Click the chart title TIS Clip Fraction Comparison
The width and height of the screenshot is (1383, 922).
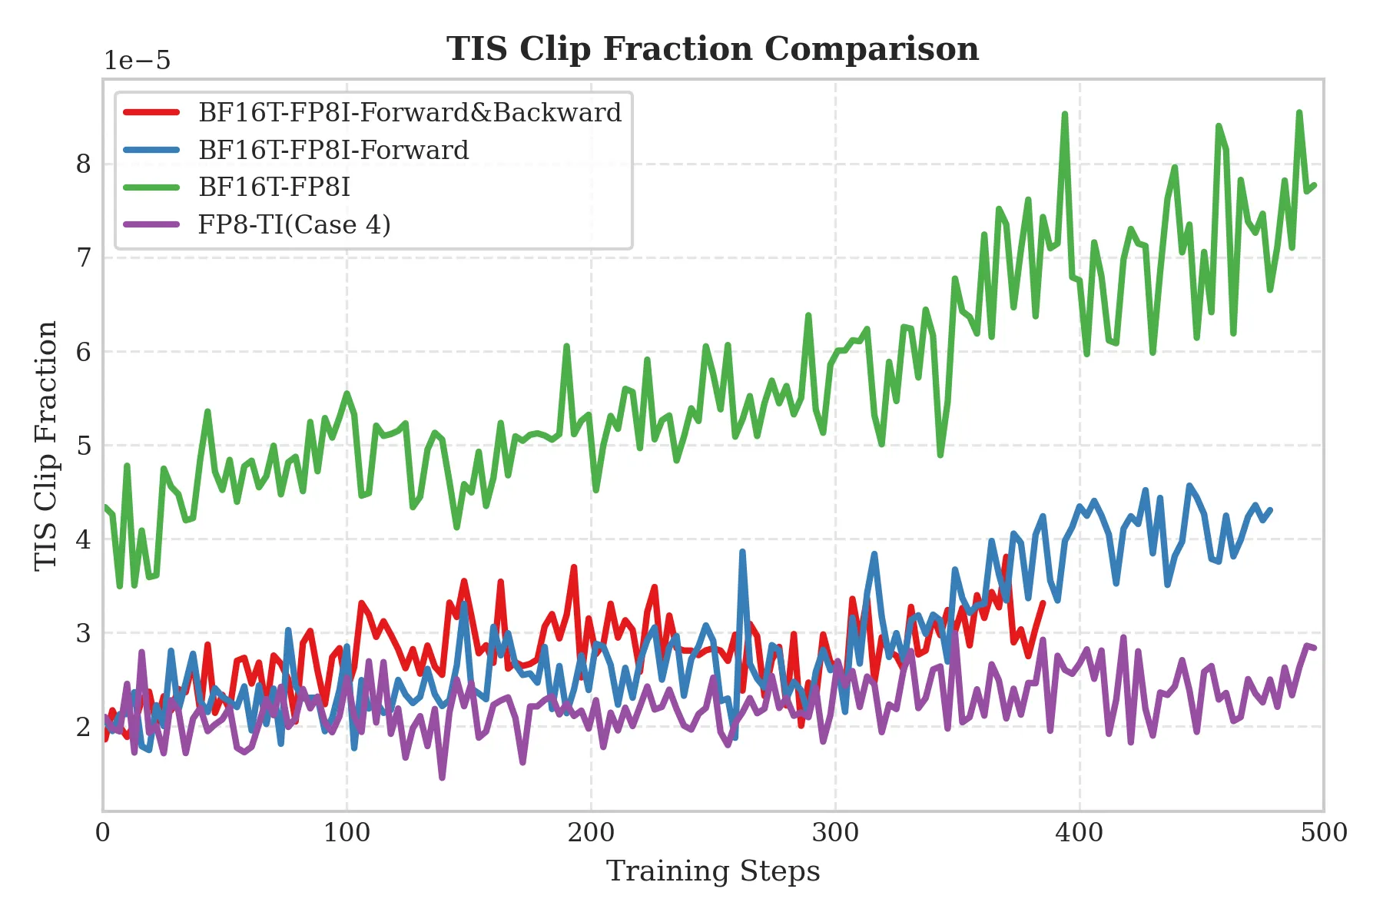(x=712, y=49)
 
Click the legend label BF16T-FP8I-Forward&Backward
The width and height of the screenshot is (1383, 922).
(x=410, y=113)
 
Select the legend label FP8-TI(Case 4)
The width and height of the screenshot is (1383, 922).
(x=294, y=225)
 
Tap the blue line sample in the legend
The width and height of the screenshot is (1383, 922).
(x=152, y=150)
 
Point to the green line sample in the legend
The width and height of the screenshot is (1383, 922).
(x=152, y=187)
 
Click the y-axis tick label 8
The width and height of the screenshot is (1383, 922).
(x=84, y=164)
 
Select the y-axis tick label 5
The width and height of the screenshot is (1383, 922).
(x=84, y=446)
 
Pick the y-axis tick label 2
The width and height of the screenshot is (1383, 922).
(x=84, y=727)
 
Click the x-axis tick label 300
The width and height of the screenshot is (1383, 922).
(x=835, y=833)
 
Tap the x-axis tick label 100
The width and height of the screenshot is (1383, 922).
(x=347, y=833)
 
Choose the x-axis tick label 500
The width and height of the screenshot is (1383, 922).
(x=1323, y=833)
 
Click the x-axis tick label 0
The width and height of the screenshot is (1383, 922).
(x=103, y=833)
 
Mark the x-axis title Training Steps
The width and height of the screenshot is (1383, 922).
(x=712, y=872)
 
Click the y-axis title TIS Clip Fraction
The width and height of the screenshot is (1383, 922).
(x=47, y=446)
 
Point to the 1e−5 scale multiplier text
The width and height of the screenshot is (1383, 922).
(x=138, y=61)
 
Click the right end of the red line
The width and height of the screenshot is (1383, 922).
(x=1043, y=602)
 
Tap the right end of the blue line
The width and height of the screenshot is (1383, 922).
(x=1271, y=509)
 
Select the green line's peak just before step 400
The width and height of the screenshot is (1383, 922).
(x=1064, y=114)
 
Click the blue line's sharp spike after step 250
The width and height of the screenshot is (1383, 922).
(x=742, y=552)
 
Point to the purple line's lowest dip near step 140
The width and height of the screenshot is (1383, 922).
(x=442, y=778)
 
